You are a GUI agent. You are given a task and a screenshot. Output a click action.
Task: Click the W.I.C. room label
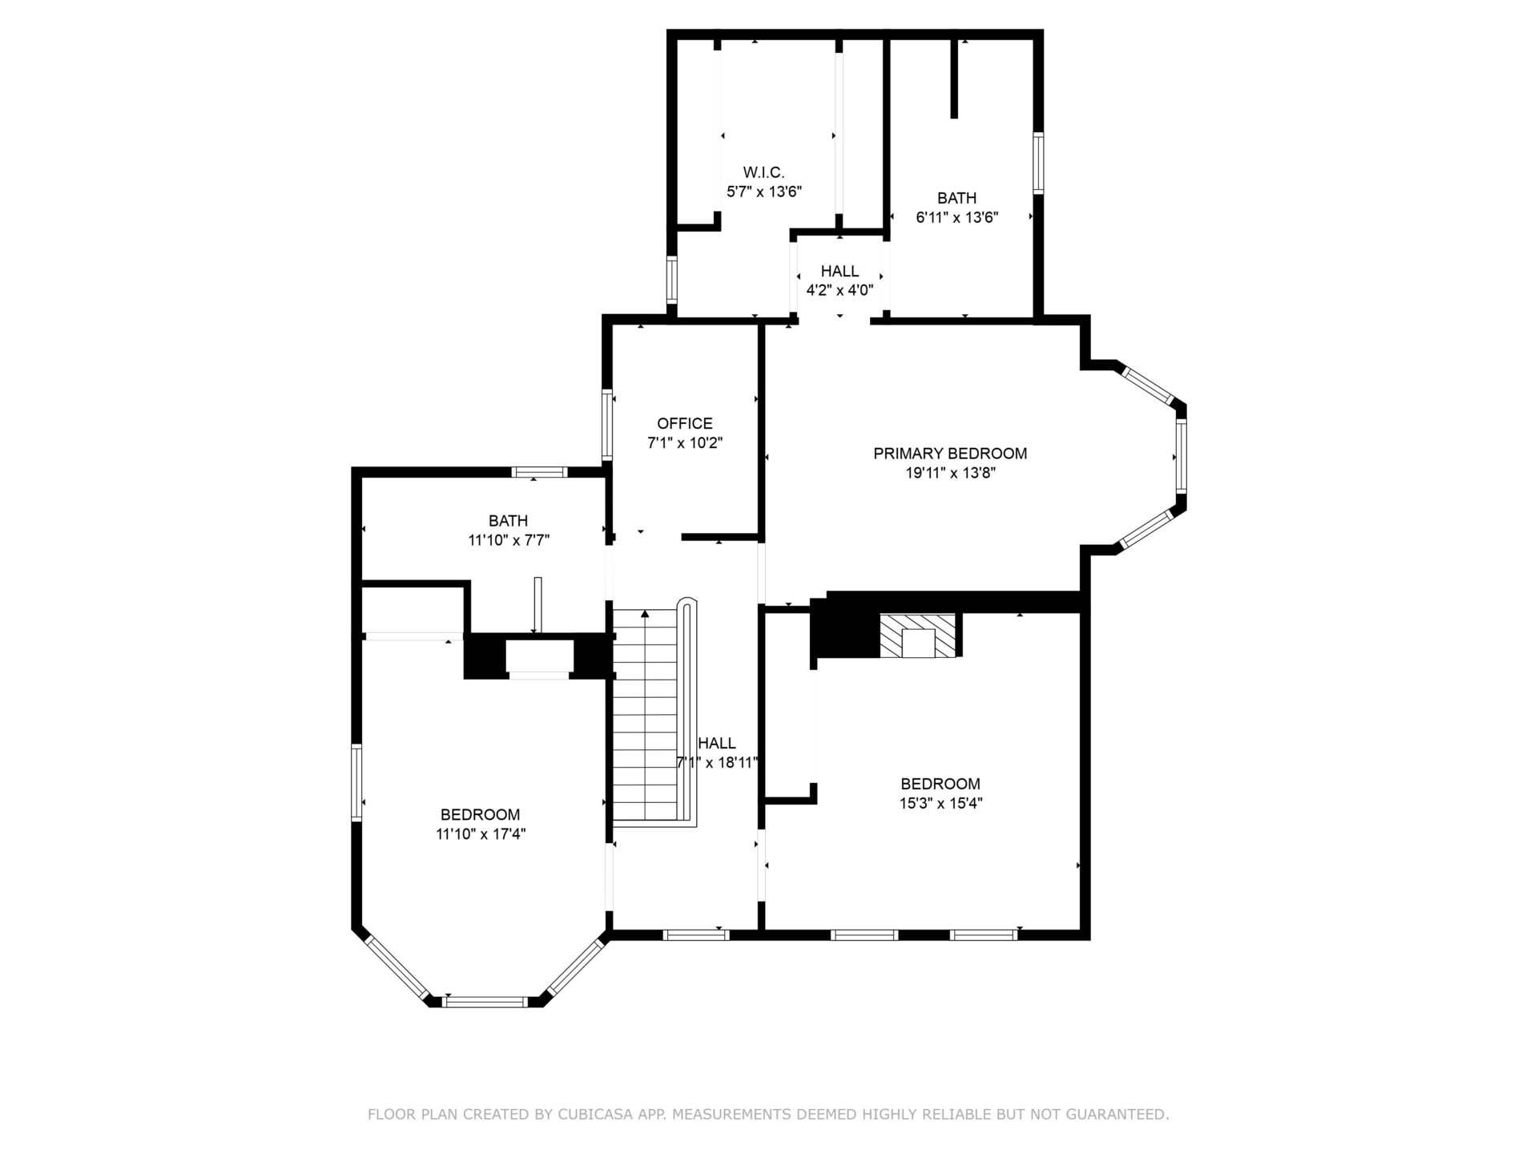763,172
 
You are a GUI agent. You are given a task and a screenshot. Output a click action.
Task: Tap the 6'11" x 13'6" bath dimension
956,217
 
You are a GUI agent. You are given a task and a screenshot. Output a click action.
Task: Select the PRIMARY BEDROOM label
950,454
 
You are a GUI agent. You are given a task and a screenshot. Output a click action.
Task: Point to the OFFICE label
685,423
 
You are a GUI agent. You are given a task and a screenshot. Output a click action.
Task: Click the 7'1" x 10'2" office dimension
685,442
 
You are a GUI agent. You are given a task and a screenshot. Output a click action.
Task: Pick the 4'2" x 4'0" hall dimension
839,290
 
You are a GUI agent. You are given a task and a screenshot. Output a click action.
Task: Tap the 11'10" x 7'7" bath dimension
509,540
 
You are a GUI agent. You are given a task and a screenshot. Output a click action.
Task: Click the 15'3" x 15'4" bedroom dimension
940,803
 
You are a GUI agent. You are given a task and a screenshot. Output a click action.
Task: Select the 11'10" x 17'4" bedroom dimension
481,834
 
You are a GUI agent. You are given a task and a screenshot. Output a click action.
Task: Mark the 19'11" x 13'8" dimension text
950,473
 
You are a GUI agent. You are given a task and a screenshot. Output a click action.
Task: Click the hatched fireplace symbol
918,636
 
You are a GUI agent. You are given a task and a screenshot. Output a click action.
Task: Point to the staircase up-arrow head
645,614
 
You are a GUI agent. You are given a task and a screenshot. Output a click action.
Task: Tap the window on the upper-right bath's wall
1038,163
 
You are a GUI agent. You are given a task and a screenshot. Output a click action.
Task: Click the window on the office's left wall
607,425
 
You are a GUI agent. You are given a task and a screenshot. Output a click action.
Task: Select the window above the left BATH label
540,472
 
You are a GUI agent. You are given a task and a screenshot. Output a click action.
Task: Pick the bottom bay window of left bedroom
485,1001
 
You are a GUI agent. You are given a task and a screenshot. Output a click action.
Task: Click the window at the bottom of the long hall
696,934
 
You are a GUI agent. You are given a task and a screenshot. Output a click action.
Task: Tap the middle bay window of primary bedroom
1181,454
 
